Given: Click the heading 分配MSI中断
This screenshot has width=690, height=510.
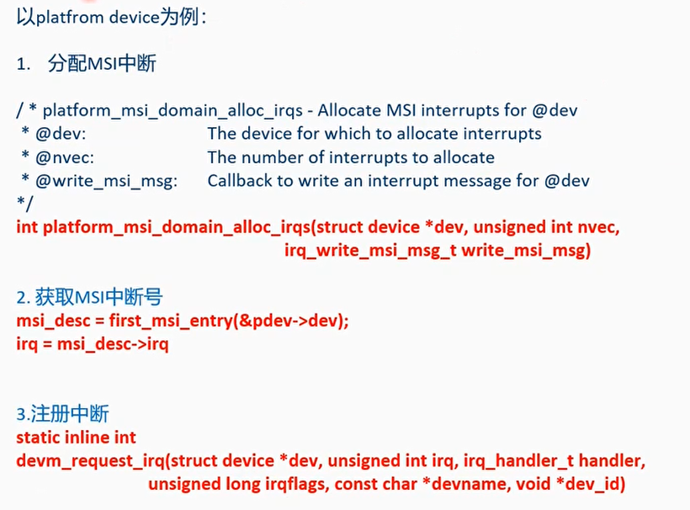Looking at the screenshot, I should click(103, 64).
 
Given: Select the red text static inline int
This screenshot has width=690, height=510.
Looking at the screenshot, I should click(77, 437).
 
